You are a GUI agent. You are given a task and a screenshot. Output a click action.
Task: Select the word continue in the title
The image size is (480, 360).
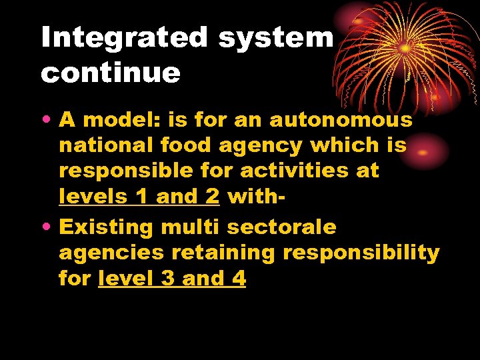click(111, 73)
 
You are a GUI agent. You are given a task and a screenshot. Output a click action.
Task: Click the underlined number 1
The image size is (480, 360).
click(140, 197)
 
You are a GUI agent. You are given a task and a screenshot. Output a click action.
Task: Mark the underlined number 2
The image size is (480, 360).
click(213, 197)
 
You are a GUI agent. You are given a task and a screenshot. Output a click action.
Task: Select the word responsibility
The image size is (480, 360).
click(361, 253)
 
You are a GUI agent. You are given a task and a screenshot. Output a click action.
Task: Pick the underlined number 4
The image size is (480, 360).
click(239, 279)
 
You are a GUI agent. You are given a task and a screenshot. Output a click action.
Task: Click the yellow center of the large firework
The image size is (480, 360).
click(405, 48)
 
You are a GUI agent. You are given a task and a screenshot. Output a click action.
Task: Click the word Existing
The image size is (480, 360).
click(107, 227)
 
